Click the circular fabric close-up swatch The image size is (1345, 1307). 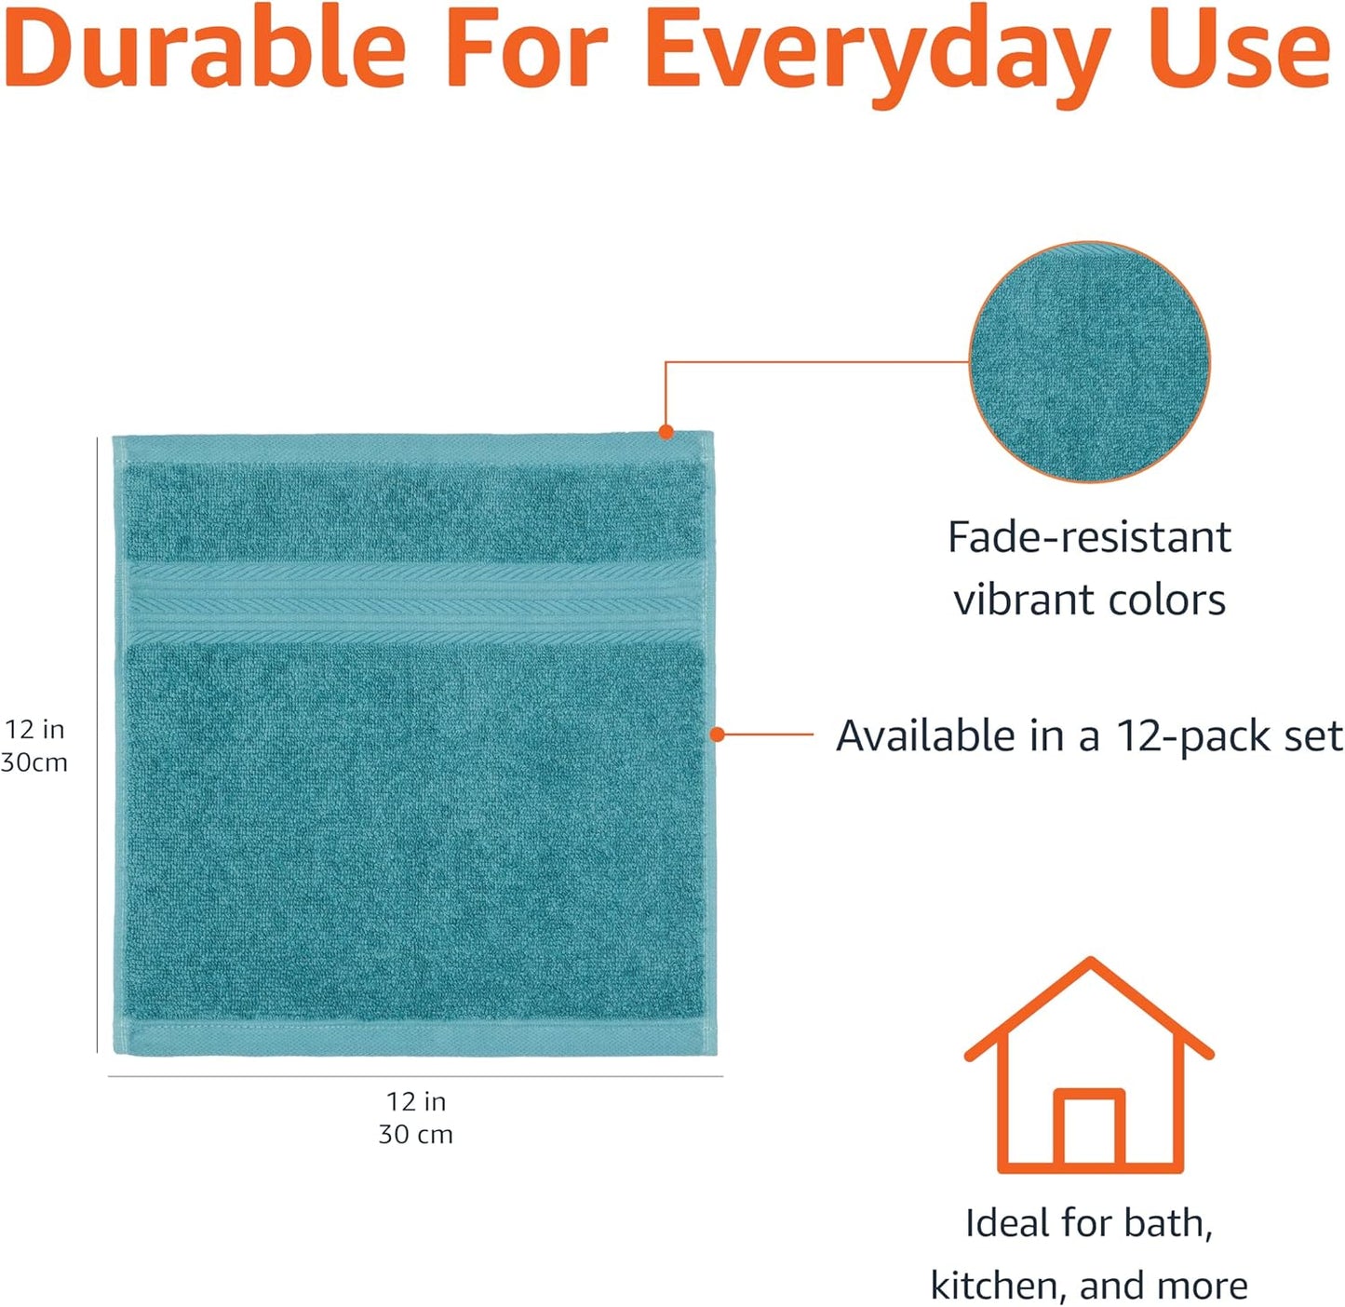[1089, 362]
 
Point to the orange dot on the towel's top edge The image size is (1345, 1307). [666, 432]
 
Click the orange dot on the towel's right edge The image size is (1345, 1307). [717, 734]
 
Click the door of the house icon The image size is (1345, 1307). [1089, 1128]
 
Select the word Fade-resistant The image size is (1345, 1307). [1089, 537]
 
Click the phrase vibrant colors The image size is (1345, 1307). [1089, 600]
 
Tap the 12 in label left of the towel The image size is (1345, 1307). [34, 729]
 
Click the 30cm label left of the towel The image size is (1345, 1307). [34, 762]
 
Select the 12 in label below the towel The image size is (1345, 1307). [416, 1101]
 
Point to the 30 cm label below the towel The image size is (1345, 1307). [416, 1134]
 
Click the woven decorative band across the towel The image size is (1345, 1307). [414, 601]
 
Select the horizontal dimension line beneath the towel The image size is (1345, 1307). [415, 1076]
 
